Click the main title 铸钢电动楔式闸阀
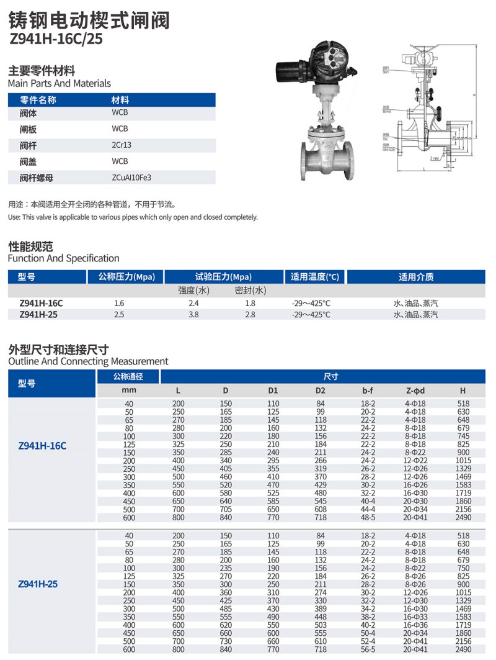pos(89,20)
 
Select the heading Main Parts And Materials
pos(60,83)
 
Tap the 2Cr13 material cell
pos(122,145)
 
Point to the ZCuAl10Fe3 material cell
pos(131,178)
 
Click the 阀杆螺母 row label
pos(37,178)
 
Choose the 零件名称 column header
pos(38,100)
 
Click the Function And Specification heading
pos(63,258)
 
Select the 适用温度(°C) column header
pos(315,277)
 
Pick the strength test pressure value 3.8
pos(193,315)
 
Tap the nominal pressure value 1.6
pos(120,303)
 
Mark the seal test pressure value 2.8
pos(250,315)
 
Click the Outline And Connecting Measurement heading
pos(88,361)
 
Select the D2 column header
pos(321,391)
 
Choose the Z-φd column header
pos(415,391)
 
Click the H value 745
pos(463,436)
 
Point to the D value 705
pos(226,509)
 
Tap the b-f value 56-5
pos(368,649)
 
